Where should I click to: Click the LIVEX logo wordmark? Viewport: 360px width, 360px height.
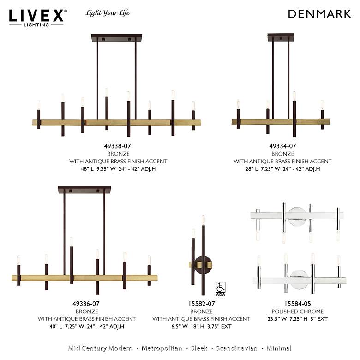36,16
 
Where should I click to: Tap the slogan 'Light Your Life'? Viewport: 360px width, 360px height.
108,13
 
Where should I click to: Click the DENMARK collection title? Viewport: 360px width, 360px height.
319,14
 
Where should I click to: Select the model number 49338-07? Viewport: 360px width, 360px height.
117,146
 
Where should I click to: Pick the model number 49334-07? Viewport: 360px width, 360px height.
282,146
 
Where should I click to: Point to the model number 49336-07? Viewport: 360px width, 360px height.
86,304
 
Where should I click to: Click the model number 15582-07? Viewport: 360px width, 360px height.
202,304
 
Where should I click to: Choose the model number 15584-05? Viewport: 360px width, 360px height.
298,304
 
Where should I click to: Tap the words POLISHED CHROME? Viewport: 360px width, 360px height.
298,312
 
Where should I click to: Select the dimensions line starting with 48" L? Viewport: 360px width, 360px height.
118,169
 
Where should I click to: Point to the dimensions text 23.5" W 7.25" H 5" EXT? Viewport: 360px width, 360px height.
298,319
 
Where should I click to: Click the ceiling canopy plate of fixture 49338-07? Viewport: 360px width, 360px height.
116,38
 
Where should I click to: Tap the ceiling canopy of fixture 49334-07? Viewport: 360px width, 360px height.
281,37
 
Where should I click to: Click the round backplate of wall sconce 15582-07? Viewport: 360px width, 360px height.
203,265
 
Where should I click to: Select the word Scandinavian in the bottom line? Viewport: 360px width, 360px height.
236,348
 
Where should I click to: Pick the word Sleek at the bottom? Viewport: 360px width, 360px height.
199,348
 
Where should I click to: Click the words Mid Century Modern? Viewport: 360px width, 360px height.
100,348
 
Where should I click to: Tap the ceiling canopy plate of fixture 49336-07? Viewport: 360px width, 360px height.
84,190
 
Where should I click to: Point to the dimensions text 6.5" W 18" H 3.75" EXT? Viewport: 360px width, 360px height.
201,326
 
